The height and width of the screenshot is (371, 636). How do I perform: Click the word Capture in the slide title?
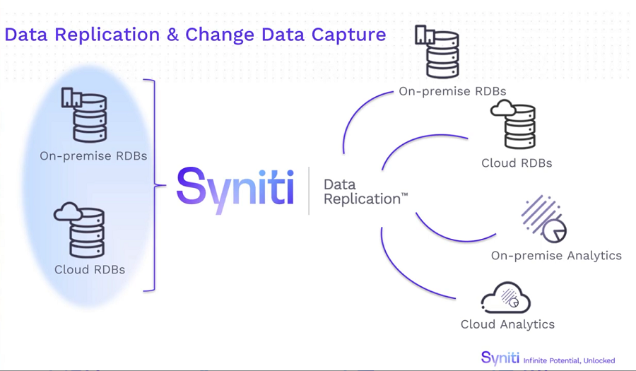pos(349,35)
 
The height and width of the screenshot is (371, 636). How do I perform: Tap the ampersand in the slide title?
pos(173,34)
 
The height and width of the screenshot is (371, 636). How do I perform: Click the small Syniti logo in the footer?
pos(500,358)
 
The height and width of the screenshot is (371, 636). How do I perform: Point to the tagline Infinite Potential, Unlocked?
pos(569,360)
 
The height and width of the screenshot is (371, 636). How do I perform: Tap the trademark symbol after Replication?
pos(404,195)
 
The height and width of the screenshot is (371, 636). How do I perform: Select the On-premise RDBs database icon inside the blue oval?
pos(84,114)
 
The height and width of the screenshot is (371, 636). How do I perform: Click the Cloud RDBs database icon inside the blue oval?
pos(79,230)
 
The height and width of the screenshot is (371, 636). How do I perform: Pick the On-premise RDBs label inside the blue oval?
pos(93,156)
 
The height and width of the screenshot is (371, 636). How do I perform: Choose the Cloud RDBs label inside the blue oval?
pos(90,270)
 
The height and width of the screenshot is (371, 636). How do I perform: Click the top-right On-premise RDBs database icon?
pos(437,52)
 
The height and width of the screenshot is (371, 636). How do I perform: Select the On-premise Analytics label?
pos(556,256)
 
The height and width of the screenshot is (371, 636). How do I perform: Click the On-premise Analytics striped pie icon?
pos(544,219)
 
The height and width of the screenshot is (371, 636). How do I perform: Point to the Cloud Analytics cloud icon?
pos(506,298)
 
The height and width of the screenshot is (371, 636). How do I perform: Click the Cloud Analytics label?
pos(507,324)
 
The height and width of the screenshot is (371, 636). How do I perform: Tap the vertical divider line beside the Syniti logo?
pos(309,191)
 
